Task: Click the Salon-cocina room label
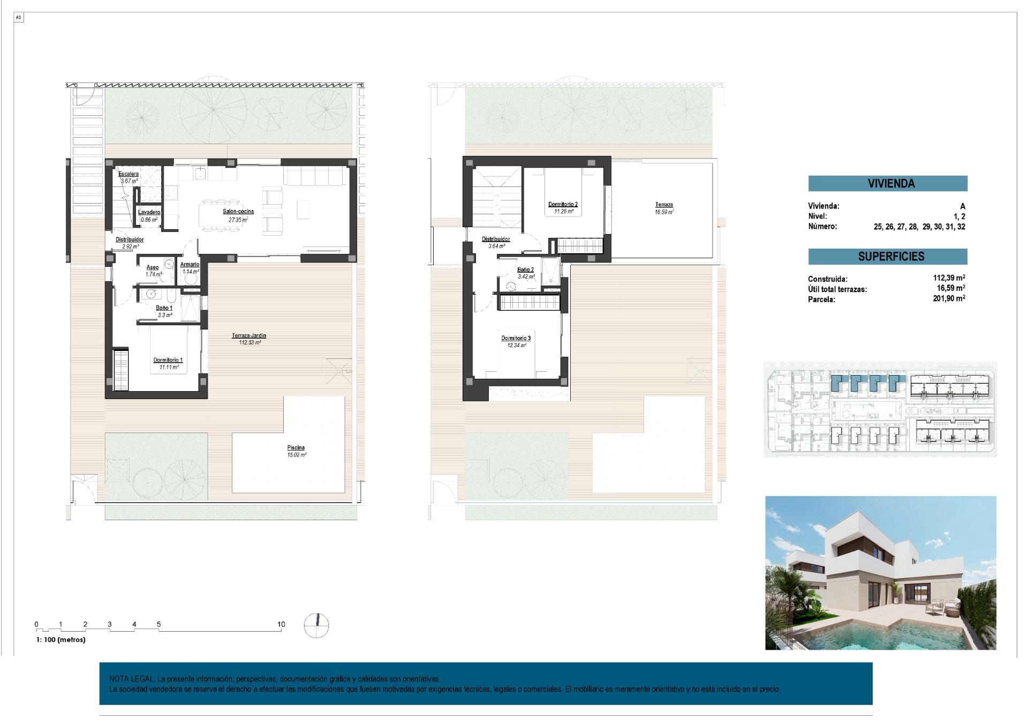coord(238,211)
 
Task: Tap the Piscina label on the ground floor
coord(296,447)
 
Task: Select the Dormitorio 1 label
coord(168,360)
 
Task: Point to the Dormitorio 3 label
coord(516,338)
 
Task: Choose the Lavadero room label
coord(149,212)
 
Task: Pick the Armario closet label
coord(190,264)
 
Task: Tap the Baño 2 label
coord(525,269)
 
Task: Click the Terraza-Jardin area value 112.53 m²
coord(250,342)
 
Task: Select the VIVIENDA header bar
coord(887,183)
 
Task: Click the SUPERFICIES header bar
coord(887,256)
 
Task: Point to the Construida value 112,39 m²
coord(948,278)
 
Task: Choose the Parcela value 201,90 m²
coord(948,298)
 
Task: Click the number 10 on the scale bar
coord(281,624)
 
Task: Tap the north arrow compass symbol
coord(316,625)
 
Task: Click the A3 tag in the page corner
coord(18,18)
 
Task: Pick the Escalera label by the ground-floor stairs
coord(128,174)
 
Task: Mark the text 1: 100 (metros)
coord(61,640)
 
